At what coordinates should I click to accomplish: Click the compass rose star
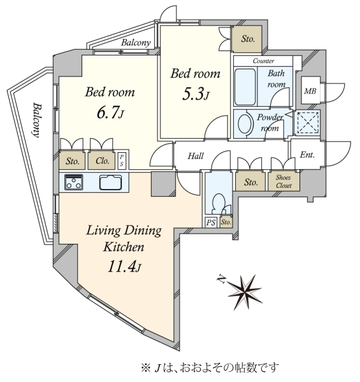(x=245, y=292)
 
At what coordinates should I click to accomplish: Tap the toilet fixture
(x=219, y=204)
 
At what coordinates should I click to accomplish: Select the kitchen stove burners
(x=74, y=182)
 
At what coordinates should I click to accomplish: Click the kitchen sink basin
(x=110, y=182)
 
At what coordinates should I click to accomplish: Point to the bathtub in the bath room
(x=245, y=87)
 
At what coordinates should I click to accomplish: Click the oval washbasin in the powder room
(x=244, y=124)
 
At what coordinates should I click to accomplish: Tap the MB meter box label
(x=310, y=91)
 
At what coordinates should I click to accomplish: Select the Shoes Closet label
(x=284, y=181)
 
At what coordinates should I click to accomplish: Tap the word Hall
(x=196, y=156)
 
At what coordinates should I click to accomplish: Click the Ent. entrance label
(x=307, y=155)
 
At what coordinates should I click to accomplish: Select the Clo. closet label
(x=102, y=161)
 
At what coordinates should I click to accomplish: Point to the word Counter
(x=263, y=60)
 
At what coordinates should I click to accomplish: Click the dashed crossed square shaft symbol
(x=308, y=122)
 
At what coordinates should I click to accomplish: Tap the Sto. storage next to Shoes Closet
(x=251, y=182)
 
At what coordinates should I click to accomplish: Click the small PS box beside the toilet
(x=211, y=222)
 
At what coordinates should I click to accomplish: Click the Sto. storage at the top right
(x=248, y=39)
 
